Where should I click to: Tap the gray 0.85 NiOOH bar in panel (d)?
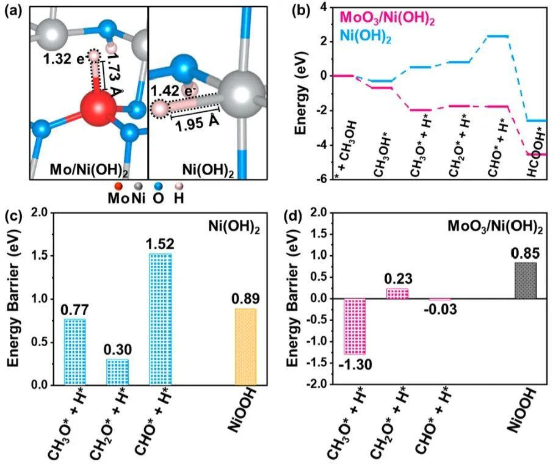525,280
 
